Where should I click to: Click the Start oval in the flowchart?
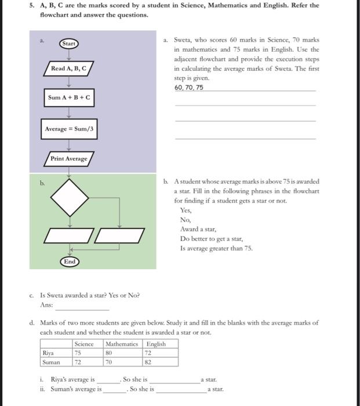[69, 43]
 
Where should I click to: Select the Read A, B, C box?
[69, 68]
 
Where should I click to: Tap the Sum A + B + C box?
[69, 97]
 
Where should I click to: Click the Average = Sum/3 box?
[69, 129]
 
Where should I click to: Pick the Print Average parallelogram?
[69, 158]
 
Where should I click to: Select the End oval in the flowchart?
[70, 262]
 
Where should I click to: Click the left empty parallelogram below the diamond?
[69, 236]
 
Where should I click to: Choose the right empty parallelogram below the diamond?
[119, 236]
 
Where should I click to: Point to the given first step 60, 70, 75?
[189, 88]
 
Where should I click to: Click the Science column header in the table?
[84, 344]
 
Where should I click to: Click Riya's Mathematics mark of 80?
[108, 353]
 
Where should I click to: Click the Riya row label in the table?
[48, 353]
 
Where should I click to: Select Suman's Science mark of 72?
[78, 361]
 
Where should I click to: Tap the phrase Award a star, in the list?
[199, 230]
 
